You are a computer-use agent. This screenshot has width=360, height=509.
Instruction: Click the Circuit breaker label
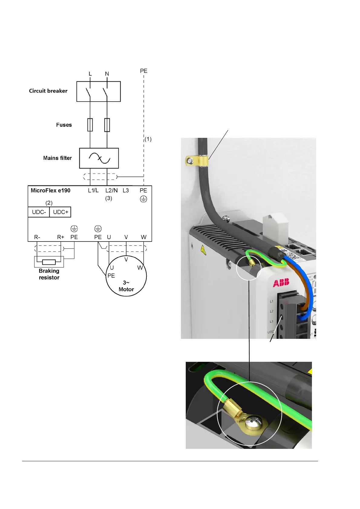[48, 91]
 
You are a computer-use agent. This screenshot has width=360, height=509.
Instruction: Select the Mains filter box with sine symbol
[99, 158]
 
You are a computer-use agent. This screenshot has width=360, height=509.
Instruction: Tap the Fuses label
[64, 125]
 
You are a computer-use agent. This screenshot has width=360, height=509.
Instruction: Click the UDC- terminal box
[39, 212]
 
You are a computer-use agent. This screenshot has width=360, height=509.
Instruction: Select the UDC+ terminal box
[61, 212]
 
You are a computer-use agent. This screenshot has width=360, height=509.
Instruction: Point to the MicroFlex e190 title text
[51, 191]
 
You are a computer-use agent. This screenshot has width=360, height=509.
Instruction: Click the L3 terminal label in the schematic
[126, 190]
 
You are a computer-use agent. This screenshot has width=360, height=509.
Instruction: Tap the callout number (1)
[148, 139]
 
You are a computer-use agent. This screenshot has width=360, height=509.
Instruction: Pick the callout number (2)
[49, 203]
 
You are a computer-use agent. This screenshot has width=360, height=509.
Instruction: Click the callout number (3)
[109, 198]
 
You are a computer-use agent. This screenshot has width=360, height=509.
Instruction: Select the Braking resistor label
[49, 274]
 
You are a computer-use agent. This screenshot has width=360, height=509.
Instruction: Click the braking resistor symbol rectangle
[49, 262]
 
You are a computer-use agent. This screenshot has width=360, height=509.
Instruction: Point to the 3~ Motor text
[126, 286]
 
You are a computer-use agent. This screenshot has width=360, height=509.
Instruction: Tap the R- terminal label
[37, 237]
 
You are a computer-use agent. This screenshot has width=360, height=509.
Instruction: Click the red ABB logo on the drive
[281, 283]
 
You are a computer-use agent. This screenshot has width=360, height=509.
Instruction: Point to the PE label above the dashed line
[144, 71]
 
